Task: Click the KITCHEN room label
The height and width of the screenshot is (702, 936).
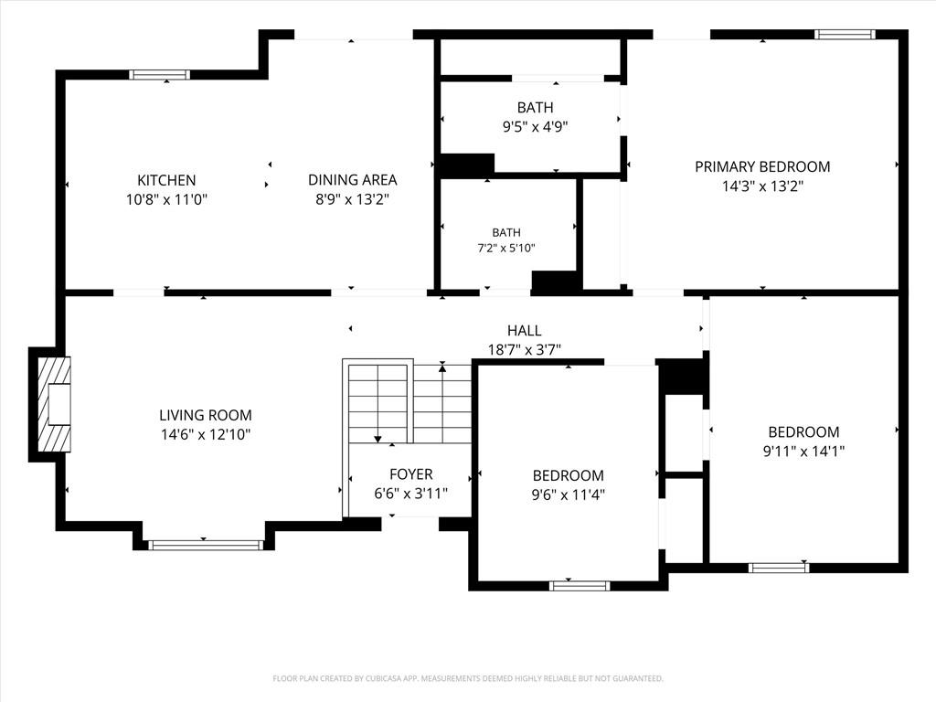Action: [166, 180]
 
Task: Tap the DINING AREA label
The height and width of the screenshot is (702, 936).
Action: [352, 180]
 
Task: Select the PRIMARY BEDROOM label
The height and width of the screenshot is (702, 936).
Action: [762, 166]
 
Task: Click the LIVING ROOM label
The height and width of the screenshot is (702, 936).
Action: [206, 415]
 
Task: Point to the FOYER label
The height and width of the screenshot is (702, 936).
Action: [410, 474]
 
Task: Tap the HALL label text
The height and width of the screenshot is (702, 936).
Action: [524, 330]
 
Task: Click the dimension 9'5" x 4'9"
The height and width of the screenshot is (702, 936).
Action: [535, 126]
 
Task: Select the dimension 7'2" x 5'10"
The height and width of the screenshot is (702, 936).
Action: [506, 248]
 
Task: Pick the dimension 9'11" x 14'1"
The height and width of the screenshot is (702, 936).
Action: [803, 452]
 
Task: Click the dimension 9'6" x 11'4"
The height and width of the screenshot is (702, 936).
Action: [569, 495]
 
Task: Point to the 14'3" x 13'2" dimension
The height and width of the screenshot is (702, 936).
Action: [762, 186]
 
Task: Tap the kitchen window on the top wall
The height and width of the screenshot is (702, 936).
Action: [159, 75]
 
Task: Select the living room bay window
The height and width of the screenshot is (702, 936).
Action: [206, 545]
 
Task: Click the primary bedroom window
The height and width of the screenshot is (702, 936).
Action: [845, 35]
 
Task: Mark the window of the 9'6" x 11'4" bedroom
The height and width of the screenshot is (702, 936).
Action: [580, 586]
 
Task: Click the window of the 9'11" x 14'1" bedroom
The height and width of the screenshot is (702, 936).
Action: [779, 568]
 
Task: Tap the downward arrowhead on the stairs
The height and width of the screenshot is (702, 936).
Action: [378, 440]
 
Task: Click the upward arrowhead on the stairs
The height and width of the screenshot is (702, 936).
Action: [442, 368]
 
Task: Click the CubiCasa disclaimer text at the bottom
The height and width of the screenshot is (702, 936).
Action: [468, 678]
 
